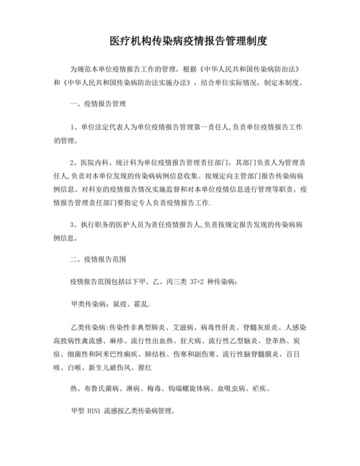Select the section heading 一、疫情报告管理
pos(98,103)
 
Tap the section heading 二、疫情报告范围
pos(98,260)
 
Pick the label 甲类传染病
pos(87,303)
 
